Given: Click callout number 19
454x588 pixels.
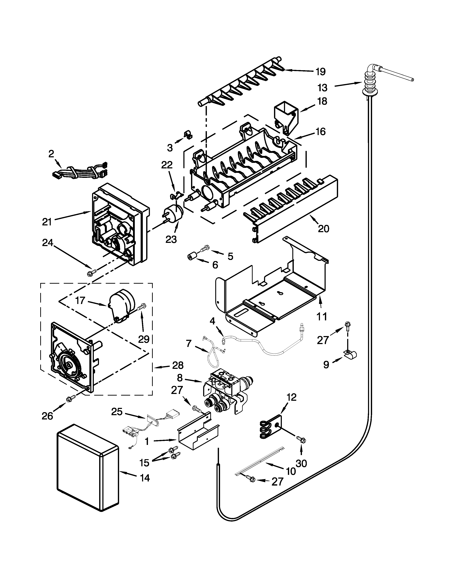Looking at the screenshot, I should (x=320, y=72).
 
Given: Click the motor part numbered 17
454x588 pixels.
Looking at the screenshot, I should (x=121, y=304).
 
